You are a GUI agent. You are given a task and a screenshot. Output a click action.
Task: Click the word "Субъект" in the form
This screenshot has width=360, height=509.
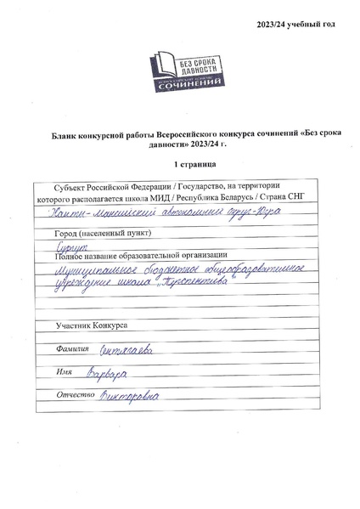click(69, 185)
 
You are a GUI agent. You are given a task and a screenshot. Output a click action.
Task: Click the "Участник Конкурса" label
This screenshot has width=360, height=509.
click(91, 325)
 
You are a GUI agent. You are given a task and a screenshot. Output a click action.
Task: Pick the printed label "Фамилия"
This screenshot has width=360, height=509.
click(70, 349)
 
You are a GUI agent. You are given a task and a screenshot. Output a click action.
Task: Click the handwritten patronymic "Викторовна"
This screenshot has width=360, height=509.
click(127, 393)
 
